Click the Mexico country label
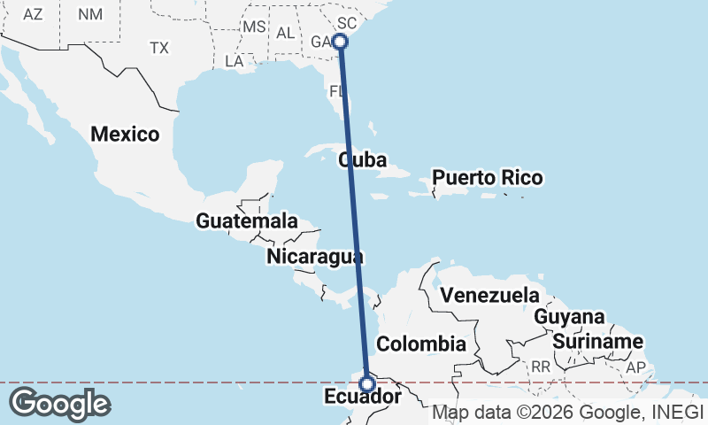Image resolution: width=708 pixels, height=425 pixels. pyautogui.click(x=125, y=135)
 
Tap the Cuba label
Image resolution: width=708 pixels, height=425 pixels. pyautogui.click(x=363, y=160)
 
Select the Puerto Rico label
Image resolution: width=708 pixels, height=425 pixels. pyautogui.click(x=487, y=178)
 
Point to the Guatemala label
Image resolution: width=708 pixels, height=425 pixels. pyautogui.click(x=247, y=221)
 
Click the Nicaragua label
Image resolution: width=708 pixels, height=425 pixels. pyautogui.click(x=315, y=257)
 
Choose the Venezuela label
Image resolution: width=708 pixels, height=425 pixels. pyautogui.click(x=490, y=294)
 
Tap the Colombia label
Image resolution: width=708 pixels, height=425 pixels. pyautogui.click(x=421, y=344)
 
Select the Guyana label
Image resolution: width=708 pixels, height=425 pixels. pyautogui.click(x=569, y=317)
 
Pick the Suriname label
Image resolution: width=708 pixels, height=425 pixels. pyautogui.click(x=597, y=342)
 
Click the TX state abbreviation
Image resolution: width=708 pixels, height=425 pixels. pyautogui.click(x=159, y=47)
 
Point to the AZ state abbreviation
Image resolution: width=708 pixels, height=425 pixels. pyautogui.click(x=33, y=14)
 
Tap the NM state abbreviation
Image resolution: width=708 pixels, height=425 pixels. pyautogui.click(x=90, y=14)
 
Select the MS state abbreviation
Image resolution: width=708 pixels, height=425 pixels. pyautogui.click(x=254, y=27)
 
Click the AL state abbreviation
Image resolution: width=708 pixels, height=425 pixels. pyautogui.click(x=285, y=33)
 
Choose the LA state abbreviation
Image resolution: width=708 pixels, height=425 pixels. pyautogui.click(x=235, y=62)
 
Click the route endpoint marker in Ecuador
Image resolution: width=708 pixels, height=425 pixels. pyautogui.click(x=366, y=383)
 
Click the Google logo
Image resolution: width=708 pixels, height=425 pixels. pyautogui.click(x=59, y=404)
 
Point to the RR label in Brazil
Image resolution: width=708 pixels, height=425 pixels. pyautogui.click(x=541, y=367)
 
